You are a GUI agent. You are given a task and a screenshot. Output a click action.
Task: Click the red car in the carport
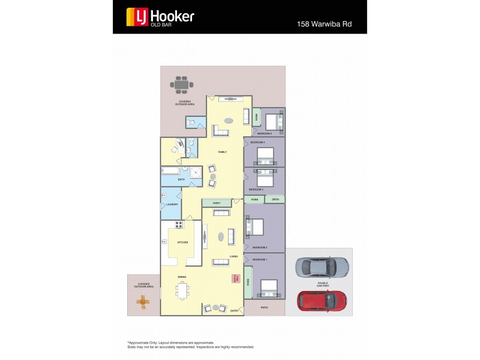coord(322,301)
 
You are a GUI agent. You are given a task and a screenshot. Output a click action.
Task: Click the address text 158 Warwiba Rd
coord(324,25)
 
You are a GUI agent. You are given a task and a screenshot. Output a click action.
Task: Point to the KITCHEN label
coord(182,242)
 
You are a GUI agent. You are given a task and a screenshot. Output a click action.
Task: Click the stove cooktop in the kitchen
coord(179,225)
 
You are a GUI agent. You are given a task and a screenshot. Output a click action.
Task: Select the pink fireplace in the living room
coord(236,279)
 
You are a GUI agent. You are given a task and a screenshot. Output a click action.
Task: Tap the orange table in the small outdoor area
coord(143,303)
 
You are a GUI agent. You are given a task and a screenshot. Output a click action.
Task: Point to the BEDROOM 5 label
coord(265,133)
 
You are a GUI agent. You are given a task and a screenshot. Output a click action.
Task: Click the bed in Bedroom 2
coord(255,227)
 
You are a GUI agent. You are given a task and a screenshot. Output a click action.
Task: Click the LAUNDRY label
coord(172,204)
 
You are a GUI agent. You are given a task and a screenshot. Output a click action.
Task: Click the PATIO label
coord(264,308)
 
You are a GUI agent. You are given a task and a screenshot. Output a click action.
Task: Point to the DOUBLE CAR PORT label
coord(322,284)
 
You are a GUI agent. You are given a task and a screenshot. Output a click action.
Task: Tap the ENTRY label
coord(234,310)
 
